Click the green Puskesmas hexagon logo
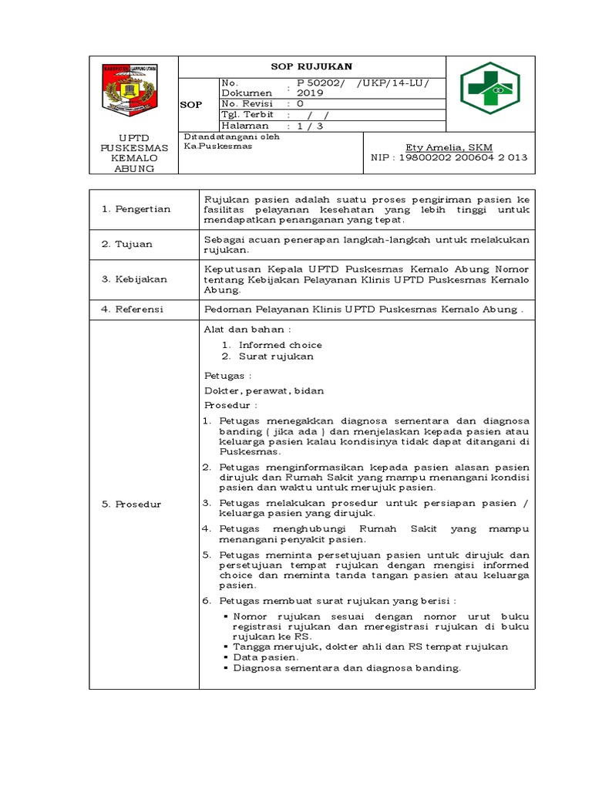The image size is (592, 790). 489,88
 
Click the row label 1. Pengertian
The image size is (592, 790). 136,209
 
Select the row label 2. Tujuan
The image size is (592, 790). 128,245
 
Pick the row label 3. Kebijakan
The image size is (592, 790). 134,279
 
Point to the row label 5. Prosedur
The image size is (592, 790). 132,504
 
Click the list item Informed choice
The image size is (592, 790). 280,345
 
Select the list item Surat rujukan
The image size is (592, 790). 276,356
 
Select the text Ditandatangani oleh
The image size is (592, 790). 231,137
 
